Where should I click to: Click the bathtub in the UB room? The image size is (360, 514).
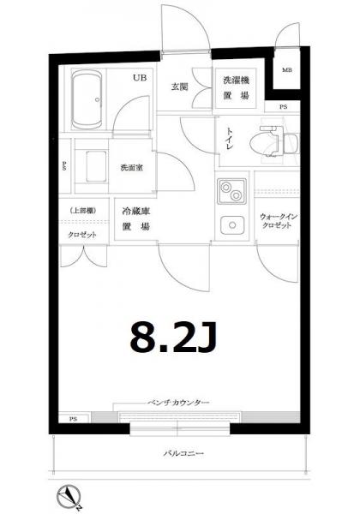point(87,100)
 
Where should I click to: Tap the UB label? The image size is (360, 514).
point(140,78)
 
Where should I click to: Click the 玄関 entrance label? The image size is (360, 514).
point(179,87)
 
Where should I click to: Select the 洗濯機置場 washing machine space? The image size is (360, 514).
point(236,87)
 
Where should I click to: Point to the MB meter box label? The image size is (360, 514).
point(287,70)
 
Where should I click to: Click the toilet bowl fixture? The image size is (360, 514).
point(273,142)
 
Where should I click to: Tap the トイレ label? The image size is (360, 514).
point(229,139)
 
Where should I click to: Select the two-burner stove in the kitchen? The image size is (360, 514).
point(231,191)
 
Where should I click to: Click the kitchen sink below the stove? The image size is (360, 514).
point(232,225)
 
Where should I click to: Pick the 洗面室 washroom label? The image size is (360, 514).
point(131,168)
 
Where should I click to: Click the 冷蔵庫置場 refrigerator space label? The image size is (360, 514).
point(136,218)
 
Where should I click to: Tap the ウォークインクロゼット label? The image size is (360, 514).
point(278,221)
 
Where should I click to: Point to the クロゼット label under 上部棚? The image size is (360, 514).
point(82,235)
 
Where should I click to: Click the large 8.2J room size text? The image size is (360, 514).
point(173,337)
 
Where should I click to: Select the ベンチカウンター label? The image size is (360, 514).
point(178,403)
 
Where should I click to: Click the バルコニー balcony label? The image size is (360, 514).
point(183,454)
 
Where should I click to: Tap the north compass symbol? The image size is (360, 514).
point(69,497)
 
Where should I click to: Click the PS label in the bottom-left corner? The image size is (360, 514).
point(73,419)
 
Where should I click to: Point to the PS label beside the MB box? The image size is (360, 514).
point(283,107)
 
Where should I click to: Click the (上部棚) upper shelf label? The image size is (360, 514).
point(83,211)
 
